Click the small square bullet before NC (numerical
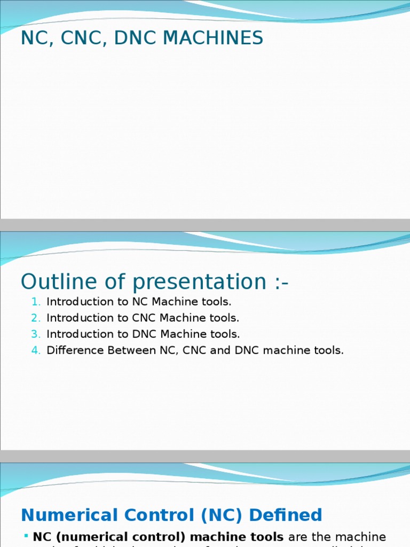pyautogui.click(x=26, y=535)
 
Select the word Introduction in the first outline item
pyautogui.click(x=77, y=302)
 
